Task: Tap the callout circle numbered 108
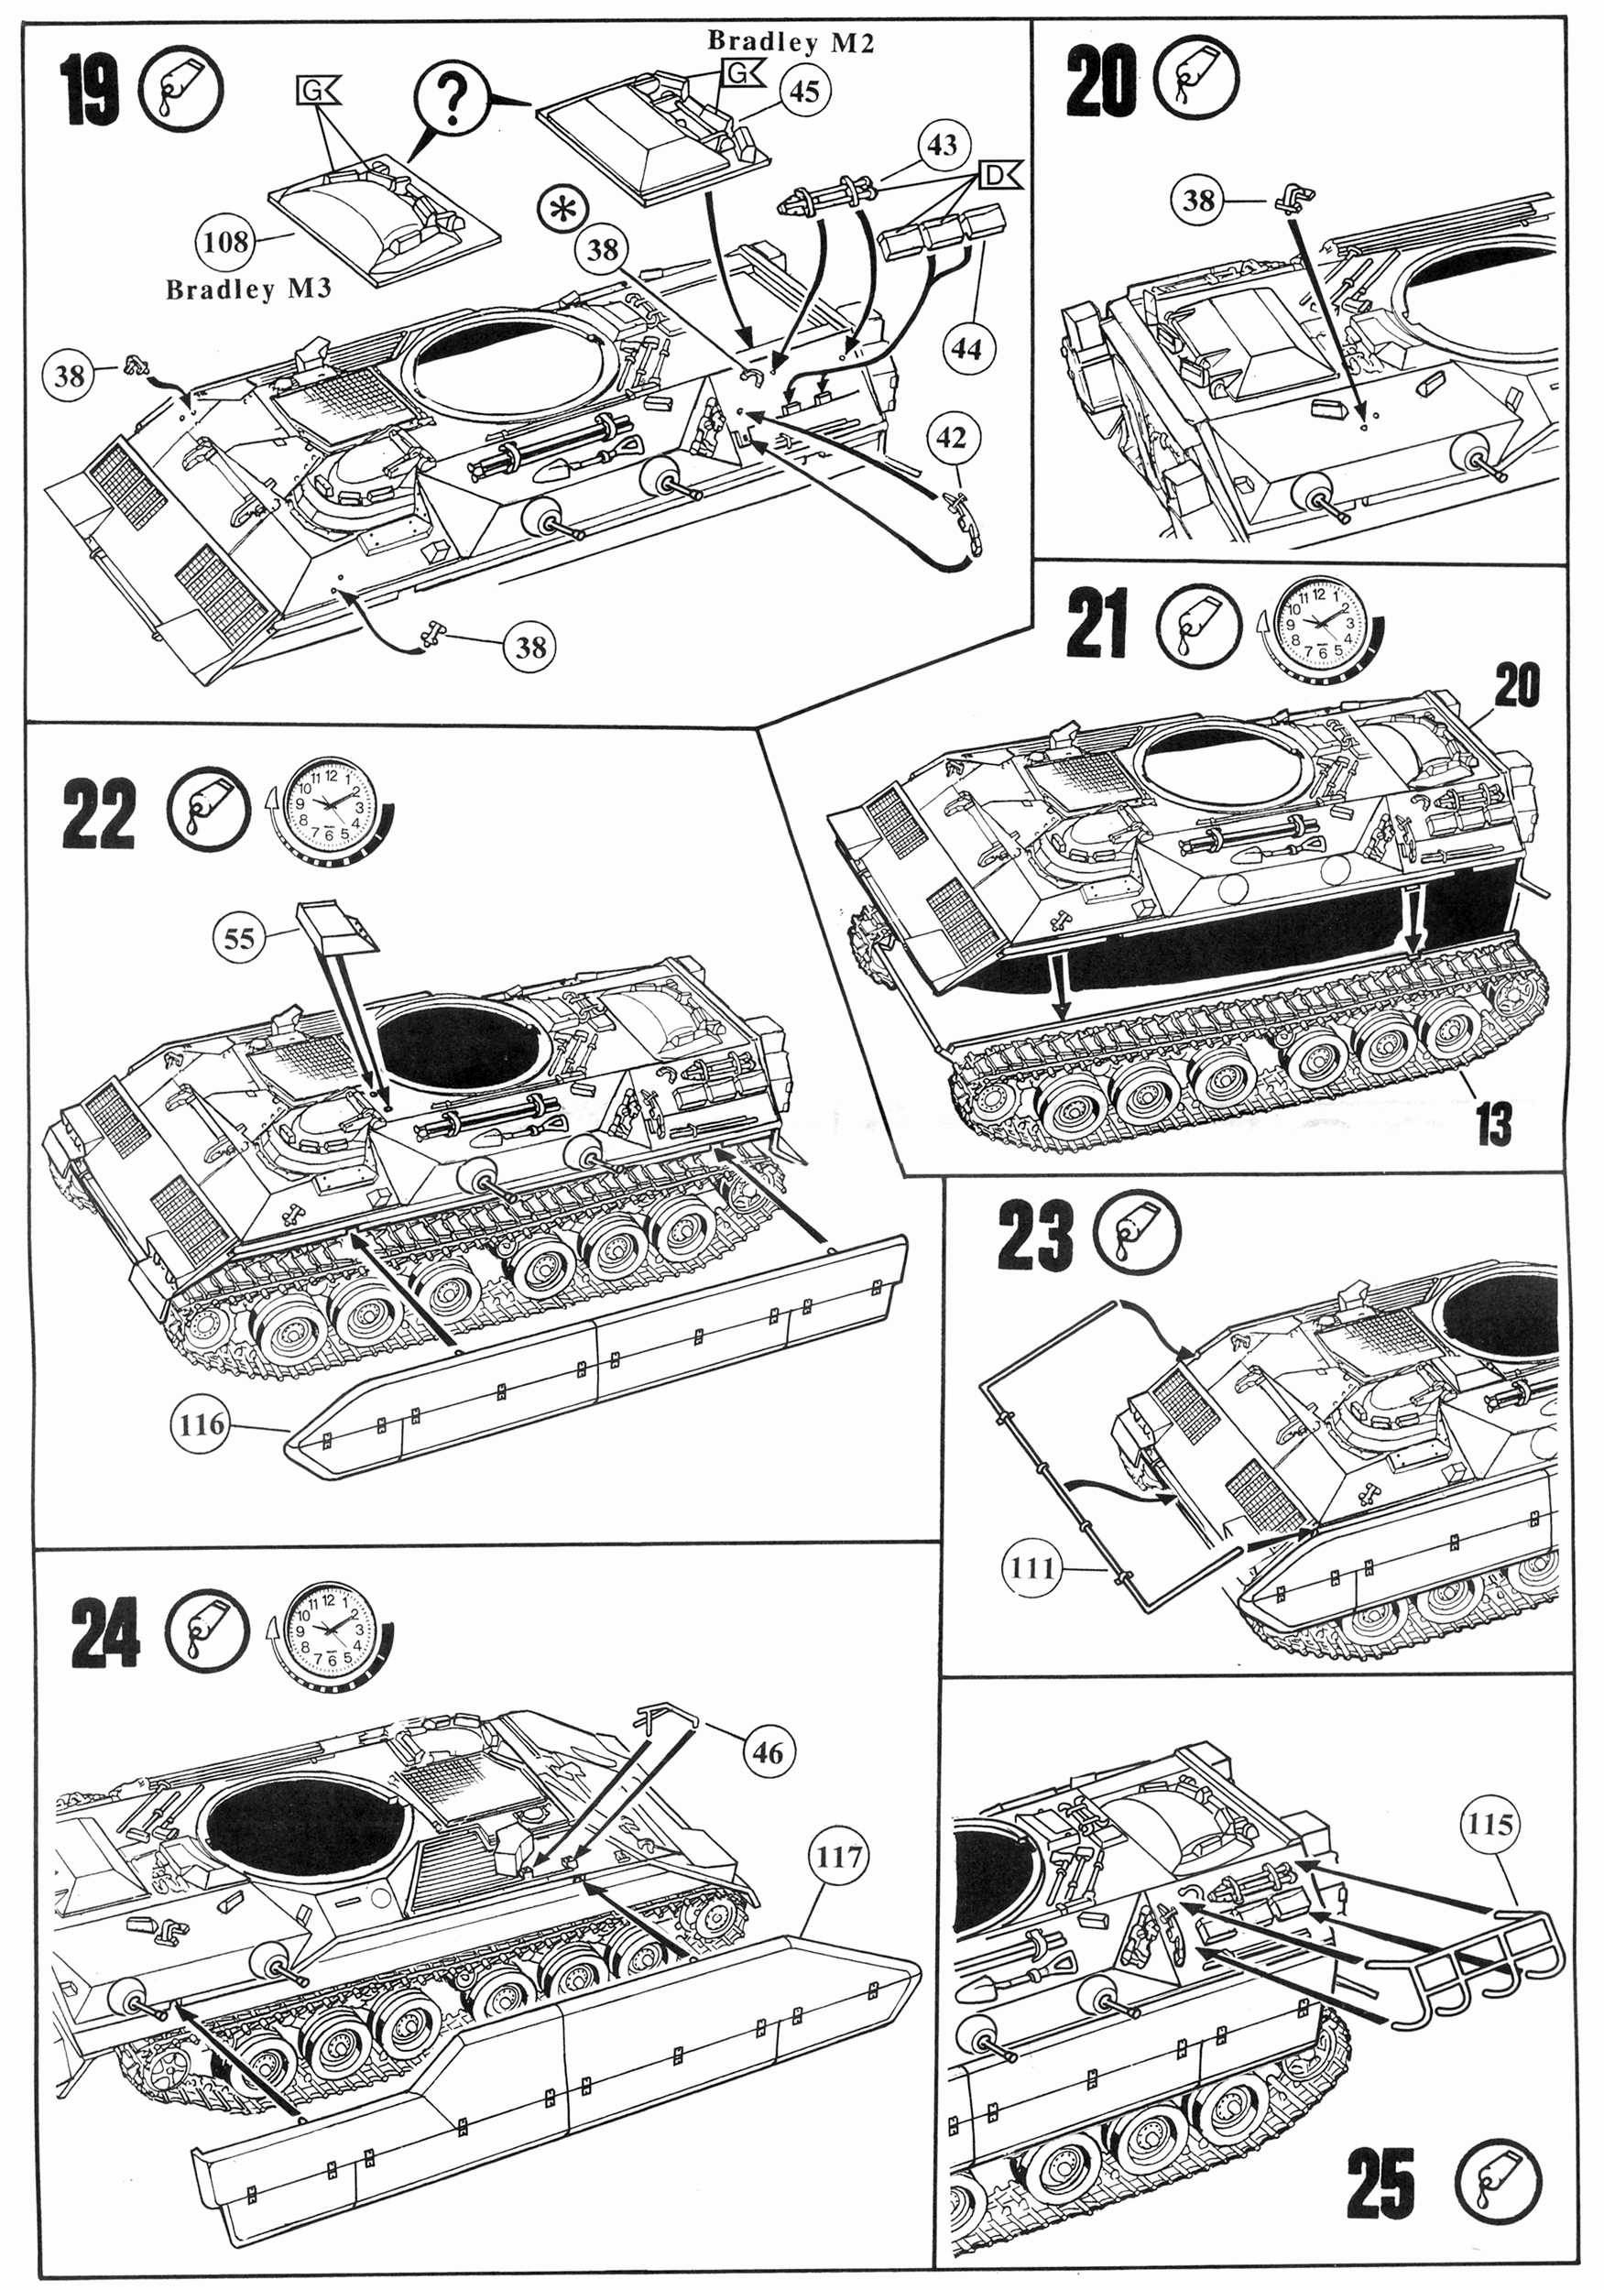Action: (x=226, y=242)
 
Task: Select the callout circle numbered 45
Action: (x=804, y=91)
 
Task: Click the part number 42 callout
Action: (x=952, y=438)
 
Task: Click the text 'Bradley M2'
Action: (x=790, y=42)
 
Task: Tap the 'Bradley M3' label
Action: (x=248, y=290)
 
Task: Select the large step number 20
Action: (x=1100, y=82)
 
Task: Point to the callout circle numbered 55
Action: (x=239, y=938)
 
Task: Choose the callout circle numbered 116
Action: (x=202, y=1423)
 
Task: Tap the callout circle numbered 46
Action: (x=768, y=1751)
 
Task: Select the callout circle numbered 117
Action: (x=838, y=1857)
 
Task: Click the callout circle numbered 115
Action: (x=1490, y=1825)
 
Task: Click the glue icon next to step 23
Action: (x=1137, y=1233)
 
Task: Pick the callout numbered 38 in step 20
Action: (x=1199, y=201)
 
